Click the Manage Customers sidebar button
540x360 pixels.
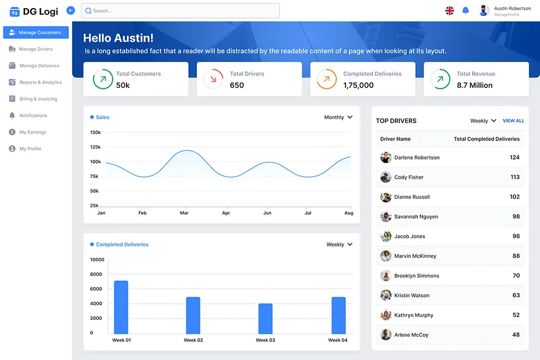point(36,33)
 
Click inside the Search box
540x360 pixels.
point(181,10)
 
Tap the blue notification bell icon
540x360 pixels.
point(465,10)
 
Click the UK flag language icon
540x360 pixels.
point(449,10)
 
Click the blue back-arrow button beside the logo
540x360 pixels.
point(71,10)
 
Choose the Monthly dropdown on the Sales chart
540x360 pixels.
point(338,117)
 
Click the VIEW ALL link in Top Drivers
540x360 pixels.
point(513,121)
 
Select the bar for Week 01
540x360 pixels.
point(121,307)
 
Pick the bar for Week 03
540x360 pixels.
point(265,318)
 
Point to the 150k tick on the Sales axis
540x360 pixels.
point(95,132)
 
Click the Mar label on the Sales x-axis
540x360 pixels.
point(184,213)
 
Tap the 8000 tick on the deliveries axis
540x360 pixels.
point(96,274)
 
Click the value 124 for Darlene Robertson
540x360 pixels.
point(514,157)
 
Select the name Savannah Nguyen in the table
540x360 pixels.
point(416,217)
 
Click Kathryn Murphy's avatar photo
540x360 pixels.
point(386,315)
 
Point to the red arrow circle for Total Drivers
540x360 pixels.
point(213,79)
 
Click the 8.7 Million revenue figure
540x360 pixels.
point(474,85)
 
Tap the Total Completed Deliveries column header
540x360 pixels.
point(487,139)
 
